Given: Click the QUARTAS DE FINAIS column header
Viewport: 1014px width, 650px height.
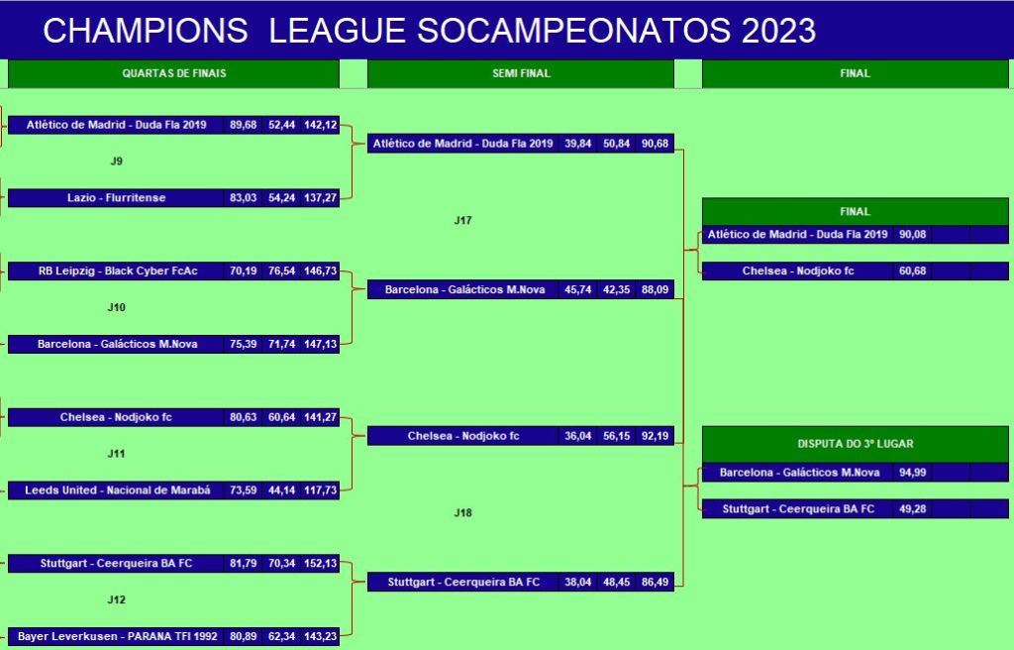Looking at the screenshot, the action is coord(174,73).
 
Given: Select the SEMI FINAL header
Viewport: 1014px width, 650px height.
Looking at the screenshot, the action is coord(521,73).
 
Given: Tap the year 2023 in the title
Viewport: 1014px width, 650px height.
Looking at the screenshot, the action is coord(778,31).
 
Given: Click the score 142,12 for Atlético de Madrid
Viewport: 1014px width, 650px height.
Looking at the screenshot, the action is coord(321,125).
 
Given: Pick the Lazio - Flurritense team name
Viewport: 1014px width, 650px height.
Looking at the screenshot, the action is coord(117,198).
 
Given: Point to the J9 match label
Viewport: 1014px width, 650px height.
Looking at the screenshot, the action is coord(117,162).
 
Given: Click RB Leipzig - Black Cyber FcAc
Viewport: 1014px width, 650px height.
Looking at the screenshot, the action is coord(118,271).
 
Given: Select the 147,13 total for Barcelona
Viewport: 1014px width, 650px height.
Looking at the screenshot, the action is coord(321,345).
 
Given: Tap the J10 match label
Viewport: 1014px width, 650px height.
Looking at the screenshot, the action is coord(117,307).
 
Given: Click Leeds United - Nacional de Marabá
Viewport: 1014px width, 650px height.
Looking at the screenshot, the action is coord(118,490).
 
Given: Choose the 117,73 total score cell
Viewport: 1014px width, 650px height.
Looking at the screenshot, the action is coord(321,490).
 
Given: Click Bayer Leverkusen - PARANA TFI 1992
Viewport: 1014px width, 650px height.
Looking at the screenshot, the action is coord(118,637).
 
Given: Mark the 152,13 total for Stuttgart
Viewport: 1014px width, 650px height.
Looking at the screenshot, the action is coord(321,564).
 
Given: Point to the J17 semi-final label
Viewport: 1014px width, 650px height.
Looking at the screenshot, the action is coord(463,221).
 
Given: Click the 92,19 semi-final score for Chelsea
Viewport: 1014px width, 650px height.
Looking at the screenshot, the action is coord(656,436).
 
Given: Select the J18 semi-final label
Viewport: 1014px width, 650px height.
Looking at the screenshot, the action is coord(463,513).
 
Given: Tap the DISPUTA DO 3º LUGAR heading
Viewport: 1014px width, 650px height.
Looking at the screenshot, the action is coord(855,444).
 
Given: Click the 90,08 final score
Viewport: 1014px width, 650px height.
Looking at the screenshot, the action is coord(912,235).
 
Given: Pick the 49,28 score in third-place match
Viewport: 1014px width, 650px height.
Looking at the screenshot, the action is coord(912,509).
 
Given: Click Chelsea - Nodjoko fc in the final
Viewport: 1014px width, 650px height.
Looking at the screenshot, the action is coord(798,271).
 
